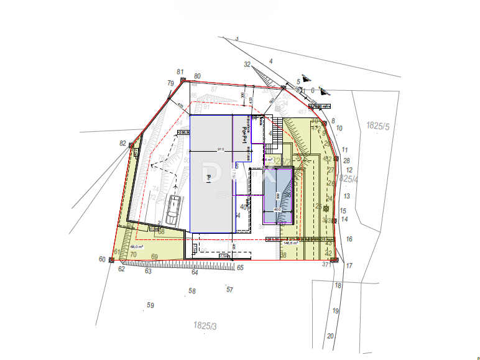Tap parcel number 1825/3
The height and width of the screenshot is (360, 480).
click(205, 325)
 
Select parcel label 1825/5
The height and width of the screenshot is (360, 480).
click(377, 126)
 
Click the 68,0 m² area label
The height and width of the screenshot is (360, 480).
click(137, 246)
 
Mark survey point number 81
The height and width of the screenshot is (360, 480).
click(180, 72)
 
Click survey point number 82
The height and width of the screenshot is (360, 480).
click(122, 143)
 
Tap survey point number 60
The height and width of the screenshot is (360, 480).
click(102, 259)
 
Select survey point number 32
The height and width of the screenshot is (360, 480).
click(247, 65)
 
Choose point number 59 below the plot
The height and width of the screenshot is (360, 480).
click(150, 305)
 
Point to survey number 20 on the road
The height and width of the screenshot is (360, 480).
click(330, 336)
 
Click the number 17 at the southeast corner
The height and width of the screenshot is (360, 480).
click(349, 266)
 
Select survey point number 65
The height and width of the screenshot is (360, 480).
click(240, 267)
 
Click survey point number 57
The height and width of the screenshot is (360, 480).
click(229, 290)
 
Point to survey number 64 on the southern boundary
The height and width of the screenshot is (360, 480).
click(195, 272)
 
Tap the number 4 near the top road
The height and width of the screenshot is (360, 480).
click(271, 61)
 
